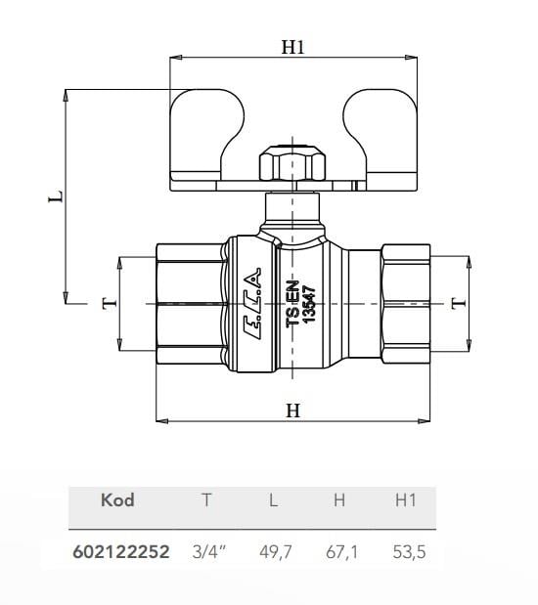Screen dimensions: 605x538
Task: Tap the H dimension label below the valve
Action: pos(292,411)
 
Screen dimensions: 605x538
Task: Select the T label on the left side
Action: pos(109,302)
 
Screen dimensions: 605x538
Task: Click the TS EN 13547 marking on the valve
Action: pos(300,305)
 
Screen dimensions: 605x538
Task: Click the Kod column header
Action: pos(117,500)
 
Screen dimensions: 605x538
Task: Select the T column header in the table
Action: pos(205,500)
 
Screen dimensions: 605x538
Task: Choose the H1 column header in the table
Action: pos(405,500)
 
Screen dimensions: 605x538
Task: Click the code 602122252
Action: pos(121,552)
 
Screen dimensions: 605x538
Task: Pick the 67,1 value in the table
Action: pos(340,552)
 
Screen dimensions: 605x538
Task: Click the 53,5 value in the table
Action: pos(405,552)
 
